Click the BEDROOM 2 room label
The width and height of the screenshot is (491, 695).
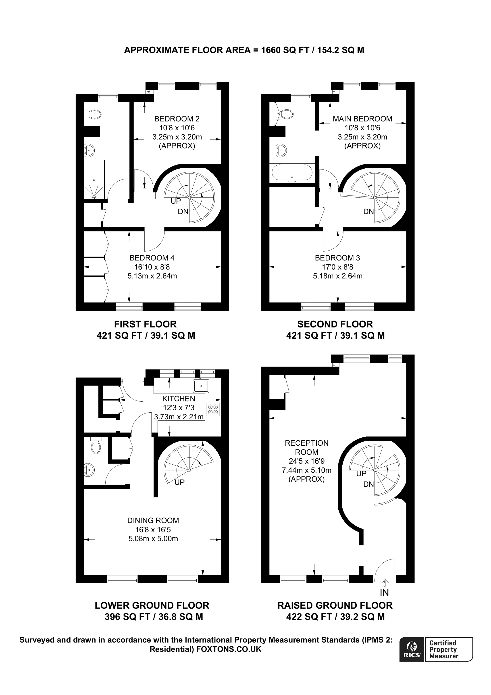tap(177, 119)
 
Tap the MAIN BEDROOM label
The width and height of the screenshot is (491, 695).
tap(362, 119)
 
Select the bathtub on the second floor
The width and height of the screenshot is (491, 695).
tap(292, 173)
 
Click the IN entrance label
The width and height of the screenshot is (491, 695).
tap(384, 592)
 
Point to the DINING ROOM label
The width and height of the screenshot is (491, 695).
tap(153, 520)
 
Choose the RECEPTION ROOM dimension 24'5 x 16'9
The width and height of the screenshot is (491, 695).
tap(306, 461)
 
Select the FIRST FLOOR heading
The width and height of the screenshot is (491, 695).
tap(145, 324)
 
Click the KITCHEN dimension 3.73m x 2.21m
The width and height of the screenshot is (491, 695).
tap(179, 417)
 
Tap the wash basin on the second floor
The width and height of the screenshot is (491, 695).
tap(282, 150)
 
